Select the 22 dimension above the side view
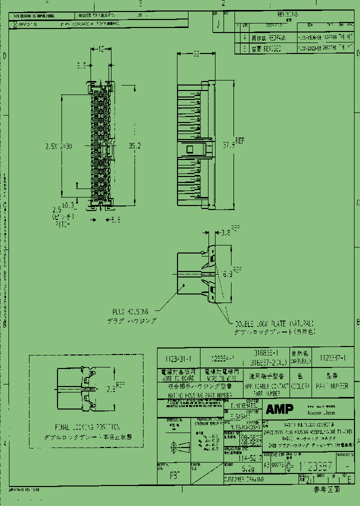tap(196, 53)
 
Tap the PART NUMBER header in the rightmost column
tap(330, 386)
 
